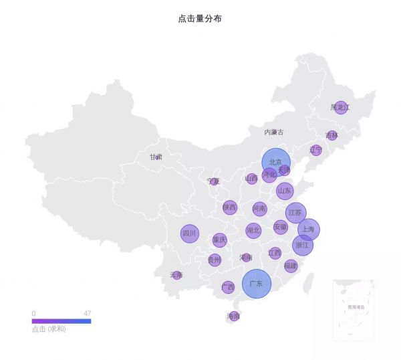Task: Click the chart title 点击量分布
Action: (x=200, y=19)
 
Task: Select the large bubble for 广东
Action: (x=257, y=284)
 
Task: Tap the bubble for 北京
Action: (x=275, y=163)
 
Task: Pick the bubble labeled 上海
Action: (x=309, y=229)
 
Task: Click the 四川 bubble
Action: (x=190, y=234)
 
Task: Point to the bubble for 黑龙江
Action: (x=341, y=107)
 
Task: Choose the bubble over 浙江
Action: (x=303, y=245)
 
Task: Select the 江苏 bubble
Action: (x=295, y=213)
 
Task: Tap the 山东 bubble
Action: (x=285, y=191)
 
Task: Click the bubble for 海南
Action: (x=234, y=316)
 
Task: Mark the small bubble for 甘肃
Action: (x=157, y=158)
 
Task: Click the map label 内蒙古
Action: (x=273, y=132)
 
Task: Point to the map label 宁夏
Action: (x=213, y=181)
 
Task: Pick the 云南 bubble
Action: (x=176, y=274)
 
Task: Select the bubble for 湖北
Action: (x=253, y=230)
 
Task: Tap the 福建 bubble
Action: (x=291, y=266)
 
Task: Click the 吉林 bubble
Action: (x=332, y=135)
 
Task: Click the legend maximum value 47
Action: (x=87, y=313)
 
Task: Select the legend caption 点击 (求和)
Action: (x=49, y=329)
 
